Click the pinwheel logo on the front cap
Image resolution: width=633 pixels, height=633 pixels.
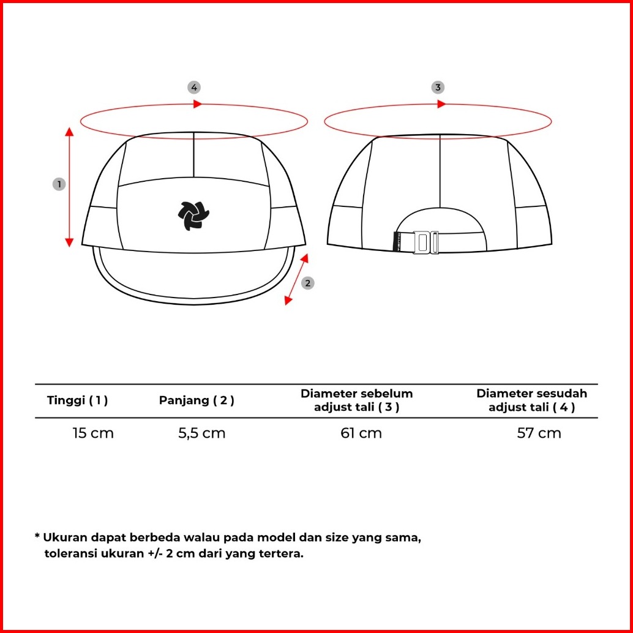193,216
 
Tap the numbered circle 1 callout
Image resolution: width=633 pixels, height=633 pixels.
59,184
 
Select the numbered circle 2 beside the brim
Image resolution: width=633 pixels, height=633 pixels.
308,282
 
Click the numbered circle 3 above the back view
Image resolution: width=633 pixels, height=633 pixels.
438,87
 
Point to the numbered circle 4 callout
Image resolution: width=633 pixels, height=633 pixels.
194,87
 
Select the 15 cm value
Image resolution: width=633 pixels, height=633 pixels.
93,433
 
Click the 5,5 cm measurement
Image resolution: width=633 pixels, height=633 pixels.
201,433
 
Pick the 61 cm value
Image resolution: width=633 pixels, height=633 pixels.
361,433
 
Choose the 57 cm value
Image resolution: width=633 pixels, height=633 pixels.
539,433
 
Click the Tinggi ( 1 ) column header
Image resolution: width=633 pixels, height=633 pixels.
77,400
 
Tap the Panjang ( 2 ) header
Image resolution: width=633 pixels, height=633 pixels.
197,400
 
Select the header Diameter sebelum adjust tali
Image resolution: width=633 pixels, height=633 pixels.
356,400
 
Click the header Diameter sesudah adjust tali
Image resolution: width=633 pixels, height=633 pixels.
531,400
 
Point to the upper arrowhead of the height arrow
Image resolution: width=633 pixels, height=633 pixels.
69,132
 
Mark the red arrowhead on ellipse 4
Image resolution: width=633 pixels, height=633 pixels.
197,104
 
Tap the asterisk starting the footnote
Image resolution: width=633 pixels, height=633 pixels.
37,537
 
